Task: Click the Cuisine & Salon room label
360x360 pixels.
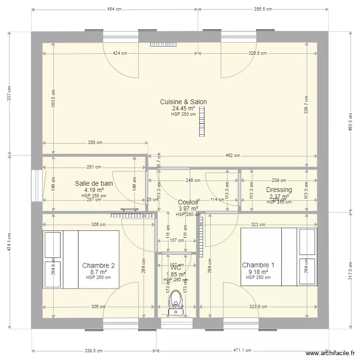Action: (183, 102)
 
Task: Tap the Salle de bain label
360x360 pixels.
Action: (94, 183)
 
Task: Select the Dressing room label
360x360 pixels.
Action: (279, 190)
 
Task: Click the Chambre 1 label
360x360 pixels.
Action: (258, 265)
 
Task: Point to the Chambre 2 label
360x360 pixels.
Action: (98, 265)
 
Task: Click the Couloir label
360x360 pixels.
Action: (188, 203)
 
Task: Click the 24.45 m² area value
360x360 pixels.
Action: (183, 108)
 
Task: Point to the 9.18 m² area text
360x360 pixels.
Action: (258, 272)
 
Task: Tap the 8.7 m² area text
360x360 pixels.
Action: (98, 272)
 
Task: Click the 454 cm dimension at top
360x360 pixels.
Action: (114, 9)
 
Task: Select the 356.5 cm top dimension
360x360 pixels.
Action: (263, 9)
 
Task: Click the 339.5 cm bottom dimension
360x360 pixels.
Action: (95, 350)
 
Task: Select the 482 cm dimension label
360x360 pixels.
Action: (232, 156)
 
